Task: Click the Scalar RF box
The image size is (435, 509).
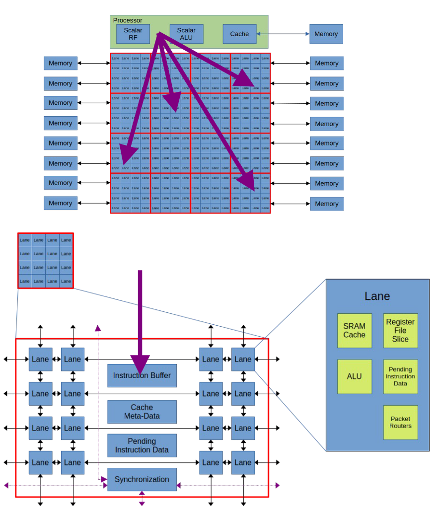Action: tap(133, 34)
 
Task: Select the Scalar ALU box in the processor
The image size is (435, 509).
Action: tap(186, 34)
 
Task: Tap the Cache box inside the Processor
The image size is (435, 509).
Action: tap(239, 34)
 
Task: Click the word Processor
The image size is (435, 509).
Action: tap(128, 20)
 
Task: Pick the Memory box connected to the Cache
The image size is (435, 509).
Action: tap(326, 34)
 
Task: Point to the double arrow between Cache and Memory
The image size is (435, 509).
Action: tap(283, 34)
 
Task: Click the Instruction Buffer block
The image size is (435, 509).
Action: tap(142, 375)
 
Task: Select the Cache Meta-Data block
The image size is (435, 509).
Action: tap(142, 412)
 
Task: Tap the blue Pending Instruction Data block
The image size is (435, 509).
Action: tap(142, 445)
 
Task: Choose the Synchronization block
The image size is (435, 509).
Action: tap(142, 479)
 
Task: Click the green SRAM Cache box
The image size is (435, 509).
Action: tap(354, 330)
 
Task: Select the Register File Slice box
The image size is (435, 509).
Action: tap(400, 330)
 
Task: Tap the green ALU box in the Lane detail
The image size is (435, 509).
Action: tap(354, 376)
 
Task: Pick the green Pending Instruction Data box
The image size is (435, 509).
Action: tap(400, 376)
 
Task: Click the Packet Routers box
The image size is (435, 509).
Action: tap(400, 422)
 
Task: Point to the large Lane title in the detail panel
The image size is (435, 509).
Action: tap(377, 296)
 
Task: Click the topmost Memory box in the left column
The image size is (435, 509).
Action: tap(61, 63)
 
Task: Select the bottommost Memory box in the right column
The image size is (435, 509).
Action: tap(326, 204)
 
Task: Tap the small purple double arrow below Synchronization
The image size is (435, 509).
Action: tap(142, 498)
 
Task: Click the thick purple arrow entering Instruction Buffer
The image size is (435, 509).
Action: tap(140, 318)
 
